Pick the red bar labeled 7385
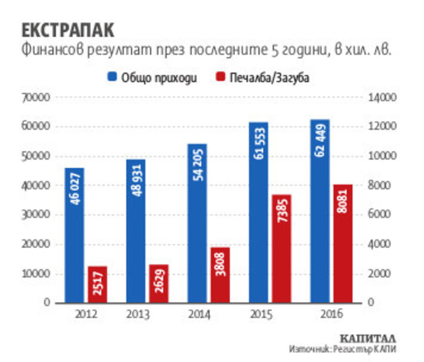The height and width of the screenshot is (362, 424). point(281,249)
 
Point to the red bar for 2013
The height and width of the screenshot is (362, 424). point(159,283)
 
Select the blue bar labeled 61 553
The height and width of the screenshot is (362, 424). point(258,212)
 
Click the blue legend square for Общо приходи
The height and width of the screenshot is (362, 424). point(112,77)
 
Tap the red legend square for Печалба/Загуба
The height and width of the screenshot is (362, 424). point(220,77)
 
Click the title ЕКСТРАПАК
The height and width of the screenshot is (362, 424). point(68,31)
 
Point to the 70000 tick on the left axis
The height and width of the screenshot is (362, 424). point(36,97)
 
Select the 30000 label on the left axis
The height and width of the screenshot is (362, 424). point(36,215)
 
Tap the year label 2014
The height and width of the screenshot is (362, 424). point(199,314)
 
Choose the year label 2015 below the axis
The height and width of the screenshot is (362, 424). point(261,314)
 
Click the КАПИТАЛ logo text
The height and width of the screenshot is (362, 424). point(368,339)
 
